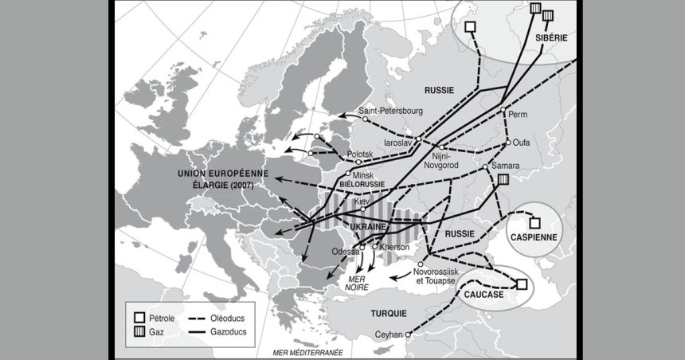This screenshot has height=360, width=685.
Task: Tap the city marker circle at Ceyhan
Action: click(409, 335)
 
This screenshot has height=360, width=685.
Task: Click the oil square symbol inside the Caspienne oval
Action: click(536, 223)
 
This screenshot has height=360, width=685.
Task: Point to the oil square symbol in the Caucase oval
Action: click(522, 284)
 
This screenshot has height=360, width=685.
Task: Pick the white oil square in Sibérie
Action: click(472, 26)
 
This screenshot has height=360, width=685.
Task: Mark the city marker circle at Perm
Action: click(503, 108)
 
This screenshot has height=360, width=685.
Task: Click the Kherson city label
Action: click(394, 247)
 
